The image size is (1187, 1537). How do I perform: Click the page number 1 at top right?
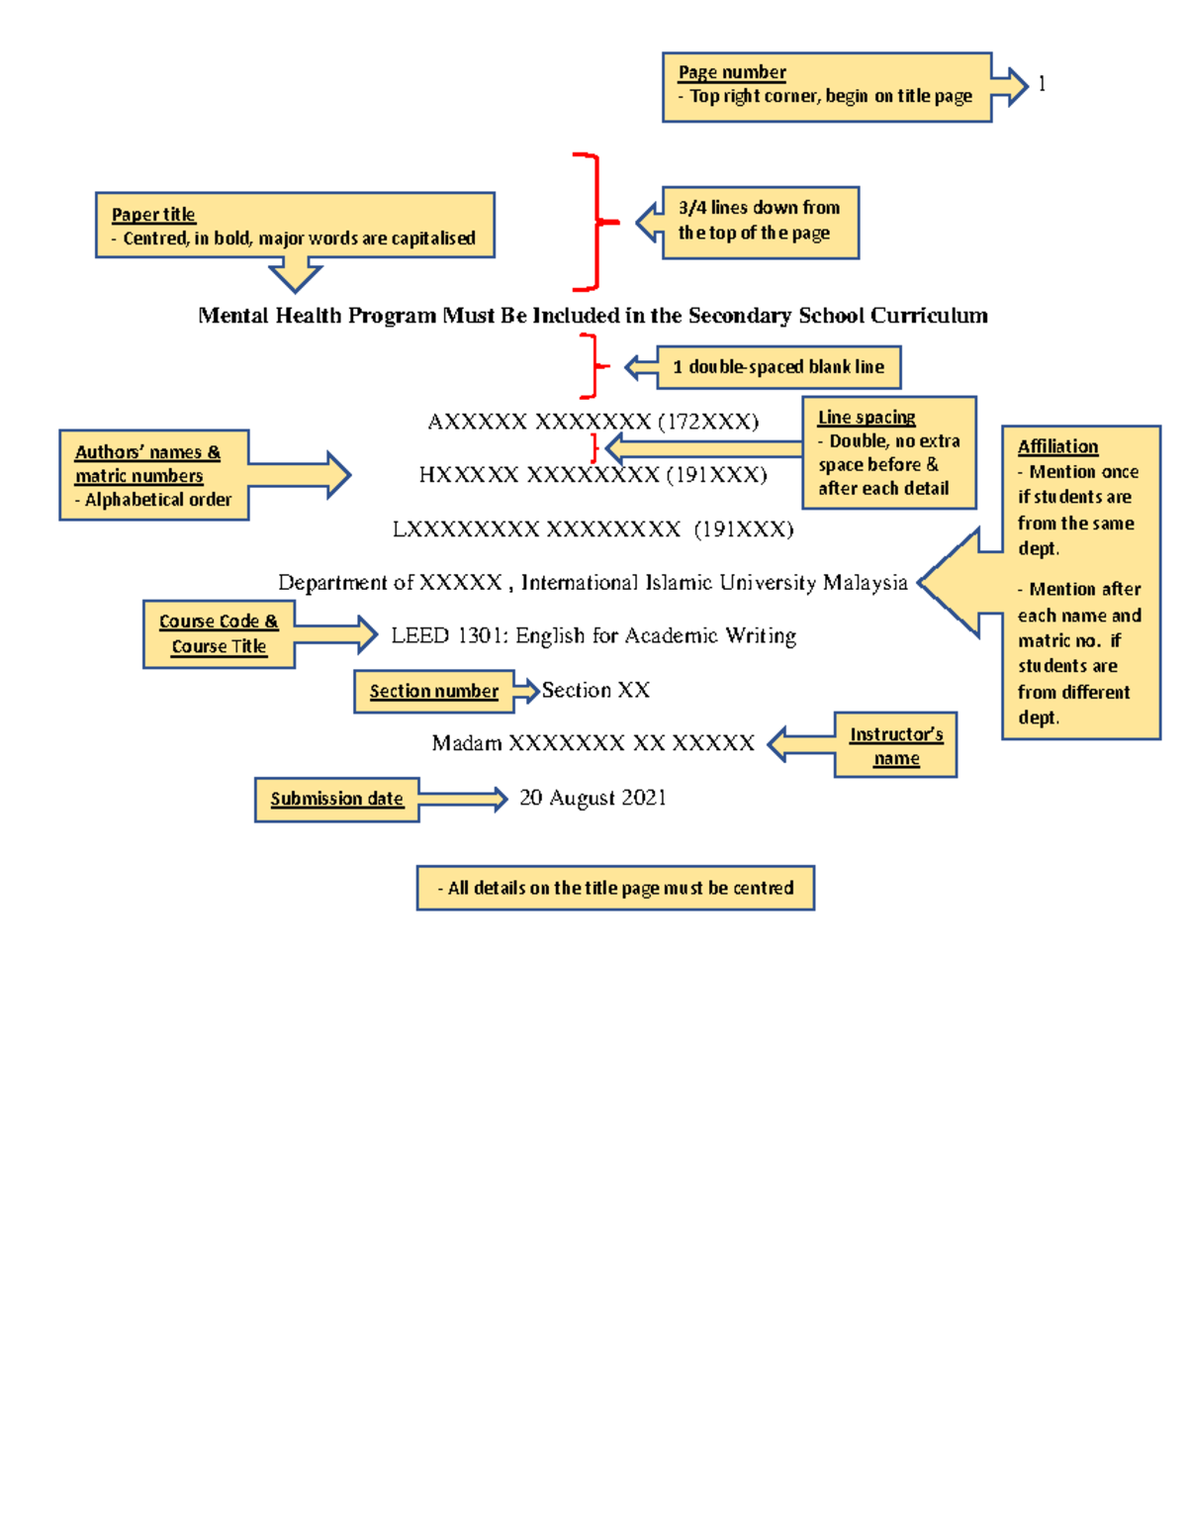pos(1042,84)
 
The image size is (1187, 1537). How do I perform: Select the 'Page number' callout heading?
pos(732,72)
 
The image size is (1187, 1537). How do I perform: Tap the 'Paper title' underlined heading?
pos(153,215)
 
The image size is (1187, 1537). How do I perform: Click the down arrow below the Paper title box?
pos(295,274)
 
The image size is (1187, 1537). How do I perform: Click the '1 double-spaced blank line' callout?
pos(777,367)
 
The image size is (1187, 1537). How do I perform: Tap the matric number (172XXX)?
pos(708,422)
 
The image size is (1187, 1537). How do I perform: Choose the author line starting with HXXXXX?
pos(593,475)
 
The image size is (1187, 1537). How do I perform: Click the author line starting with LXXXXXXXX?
pos(593,528)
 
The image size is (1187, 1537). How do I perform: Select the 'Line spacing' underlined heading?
pos(867,418)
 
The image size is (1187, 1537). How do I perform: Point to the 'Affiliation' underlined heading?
pos(1057,446)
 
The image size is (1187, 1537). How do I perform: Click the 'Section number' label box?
pos(434,691)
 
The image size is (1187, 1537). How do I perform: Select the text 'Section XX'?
pos(595,690)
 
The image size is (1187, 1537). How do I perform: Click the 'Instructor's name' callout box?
pos(895,745)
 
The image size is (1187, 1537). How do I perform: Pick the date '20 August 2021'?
pos(593,798)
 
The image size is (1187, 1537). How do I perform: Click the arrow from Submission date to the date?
pos(463,799)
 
